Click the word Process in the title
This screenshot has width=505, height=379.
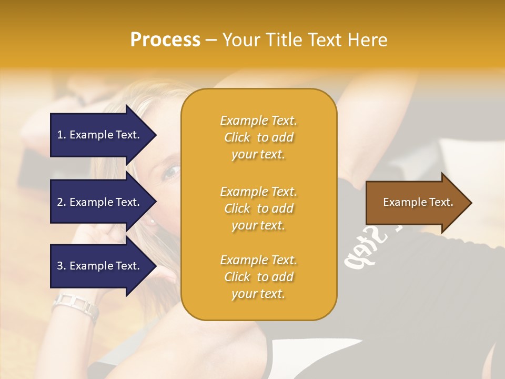click(165, 40)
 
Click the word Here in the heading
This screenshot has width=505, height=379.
click(368, 40)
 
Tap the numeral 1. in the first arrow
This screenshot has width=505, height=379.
click(62, 135)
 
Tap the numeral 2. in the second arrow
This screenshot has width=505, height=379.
click(62, 202)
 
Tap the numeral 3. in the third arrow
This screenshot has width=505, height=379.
click(62, 266)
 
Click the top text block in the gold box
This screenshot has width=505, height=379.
click(258, 137)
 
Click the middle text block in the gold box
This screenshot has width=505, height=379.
click(258, 208)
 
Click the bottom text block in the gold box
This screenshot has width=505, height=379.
click(258, 277)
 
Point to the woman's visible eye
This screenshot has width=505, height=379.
click(171, 172)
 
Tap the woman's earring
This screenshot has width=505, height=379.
click(153, 221)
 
